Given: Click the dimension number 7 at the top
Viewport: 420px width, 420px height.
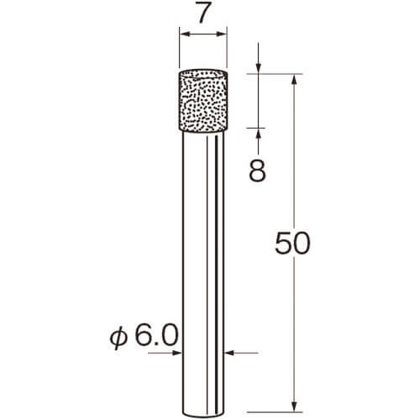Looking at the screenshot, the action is click(x=203, y=13).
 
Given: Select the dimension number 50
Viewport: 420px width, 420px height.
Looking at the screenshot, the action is click(x=292, y=243).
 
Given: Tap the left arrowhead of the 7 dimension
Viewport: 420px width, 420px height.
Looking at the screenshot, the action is click(x=185, y=34).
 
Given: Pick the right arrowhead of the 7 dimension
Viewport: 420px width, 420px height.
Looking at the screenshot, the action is click(x=221, y=34).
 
